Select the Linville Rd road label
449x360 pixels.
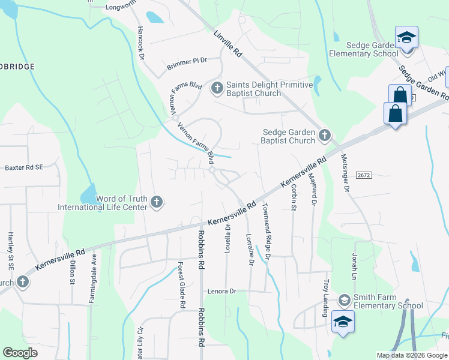point(228,44)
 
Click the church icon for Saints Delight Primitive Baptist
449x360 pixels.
point(216,89)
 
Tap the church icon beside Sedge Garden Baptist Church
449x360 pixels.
point(324,136)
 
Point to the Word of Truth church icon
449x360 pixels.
point(157,202)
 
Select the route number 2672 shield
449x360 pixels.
point(363,174)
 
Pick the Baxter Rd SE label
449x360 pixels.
point(24,167)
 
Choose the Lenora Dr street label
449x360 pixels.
point(223,291)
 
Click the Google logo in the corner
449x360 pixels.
point(21,353)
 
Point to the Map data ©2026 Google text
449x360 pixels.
point(411,355)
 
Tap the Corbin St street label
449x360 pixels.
point(294,197)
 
